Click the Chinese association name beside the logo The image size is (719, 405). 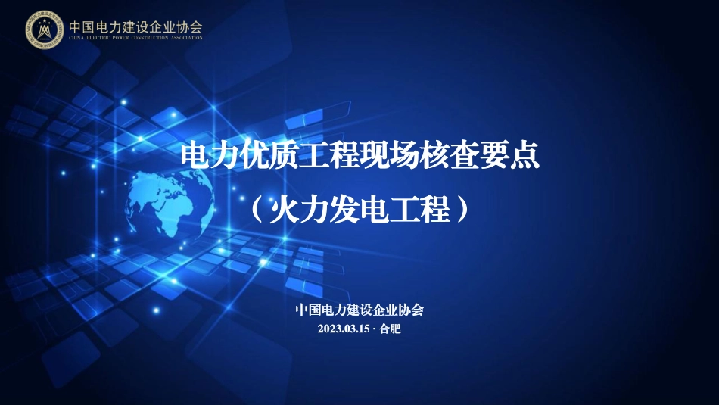[135, 26]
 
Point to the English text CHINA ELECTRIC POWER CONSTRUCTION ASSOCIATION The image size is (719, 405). [135, 38]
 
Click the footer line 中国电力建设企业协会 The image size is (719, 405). [359, 310]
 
